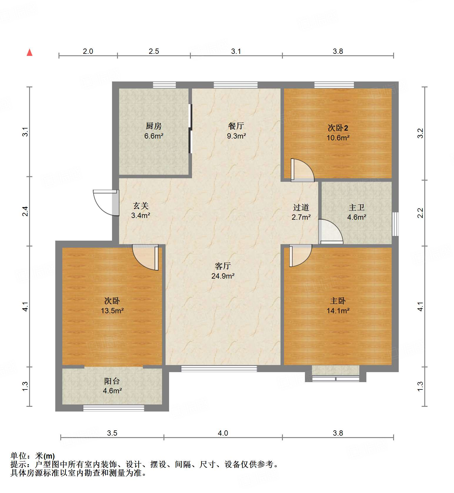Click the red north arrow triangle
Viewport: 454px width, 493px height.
(x=29, y=53)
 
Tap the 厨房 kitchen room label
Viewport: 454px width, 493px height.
(x=153, y=126)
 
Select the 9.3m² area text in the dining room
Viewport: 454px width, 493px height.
(x=236, y=136)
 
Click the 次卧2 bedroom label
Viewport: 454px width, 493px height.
(x=338, y=128)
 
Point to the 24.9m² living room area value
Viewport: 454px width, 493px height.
(x=223, y=276)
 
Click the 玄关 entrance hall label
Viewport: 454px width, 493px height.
(x=141, y=206)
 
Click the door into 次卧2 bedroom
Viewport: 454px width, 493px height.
(x=302, y=170)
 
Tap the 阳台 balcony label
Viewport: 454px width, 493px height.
(x=112, y=381)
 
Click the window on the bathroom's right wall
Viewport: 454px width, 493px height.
(x=395, y=224)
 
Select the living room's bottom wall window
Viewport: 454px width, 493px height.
(x=219, y=369)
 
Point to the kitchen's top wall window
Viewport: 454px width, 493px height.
(x=164, y=85)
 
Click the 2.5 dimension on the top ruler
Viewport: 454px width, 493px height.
(x=153, y=51)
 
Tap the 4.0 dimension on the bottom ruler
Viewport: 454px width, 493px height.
(x=223, y=433)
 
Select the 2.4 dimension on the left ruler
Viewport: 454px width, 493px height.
(x=26, y=211)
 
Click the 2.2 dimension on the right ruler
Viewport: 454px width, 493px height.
(x=420, y=213)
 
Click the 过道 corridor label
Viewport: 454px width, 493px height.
(x=301, y=207)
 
